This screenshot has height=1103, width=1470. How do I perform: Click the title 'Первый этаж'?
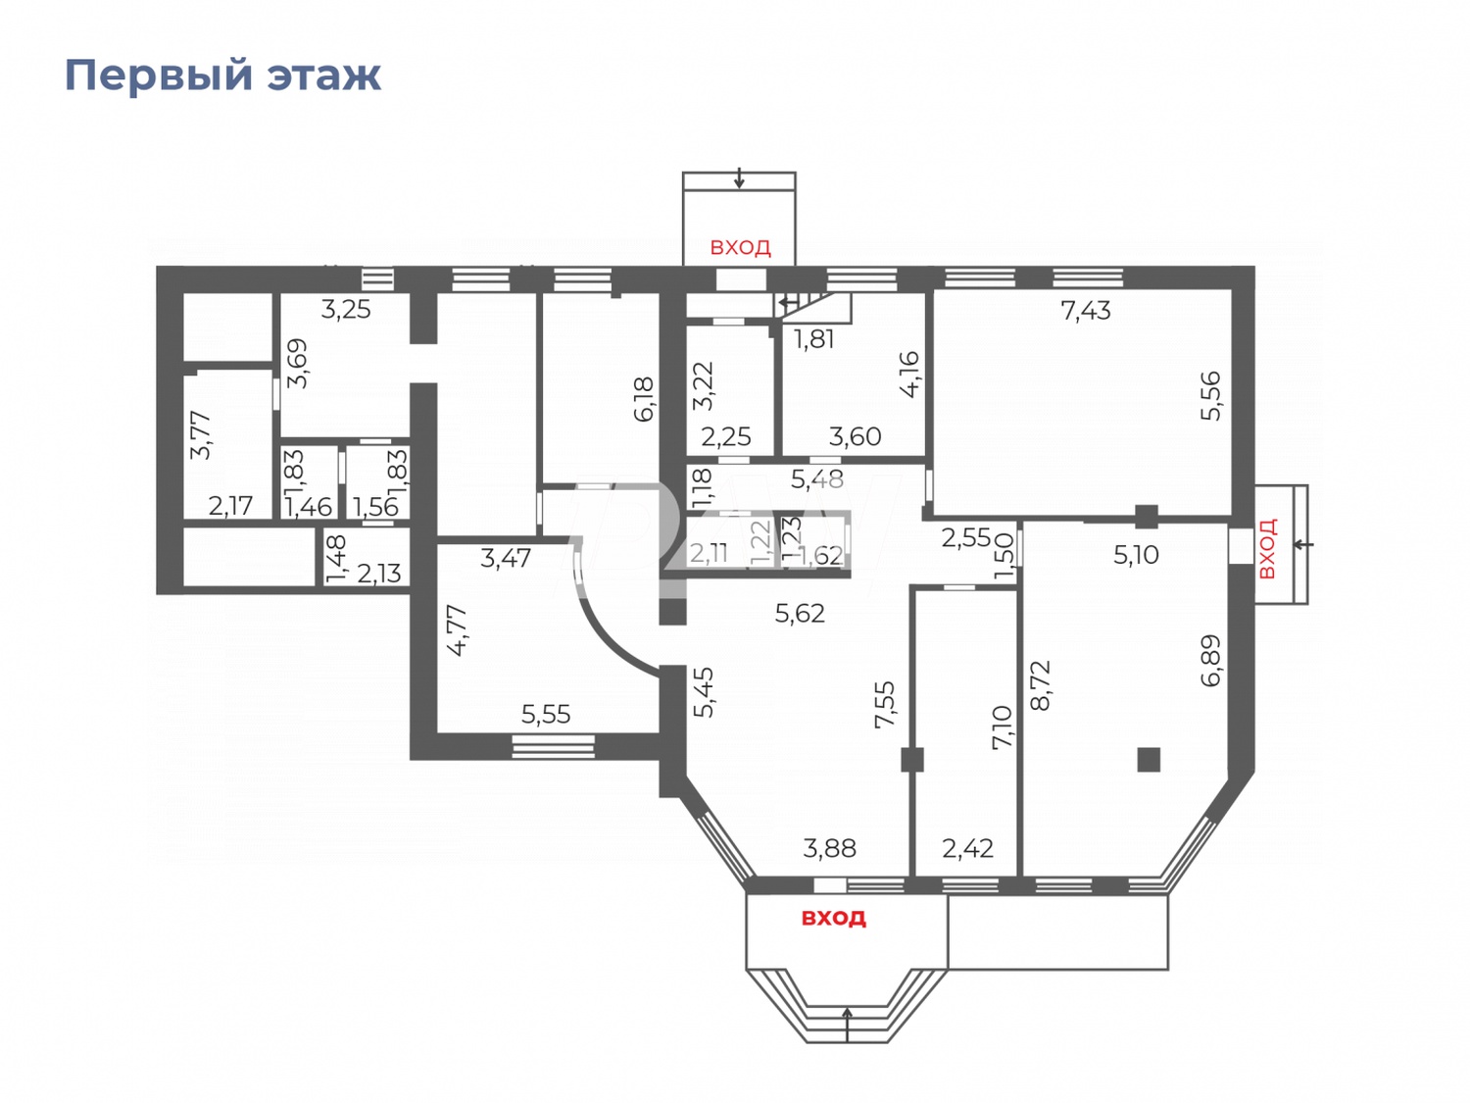click(x=222, y=75)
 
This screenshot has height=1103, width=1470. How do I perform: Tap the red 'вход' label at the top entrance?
click(x=740, y=247)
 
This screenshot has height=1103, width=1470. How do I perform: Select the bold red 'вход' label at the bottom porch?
click(x=833, y=918)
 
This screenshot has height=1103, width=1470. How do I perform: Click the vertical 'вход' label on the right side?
click(x=1266, y=549)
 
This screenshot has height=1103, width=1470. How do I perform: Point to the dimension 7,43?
click(x=1085, y=311)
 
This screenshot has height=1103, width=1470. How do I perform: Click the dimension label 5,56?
click(x=1211, y=395)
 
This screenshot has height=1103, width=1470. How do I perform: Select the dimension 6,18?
click(x=644, y=399)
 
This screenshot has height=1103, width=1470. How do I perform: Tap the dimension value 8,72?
click(x=1041, y=684)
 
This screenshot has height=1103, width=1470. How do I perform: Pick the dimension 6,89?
click(x=1211, y=660)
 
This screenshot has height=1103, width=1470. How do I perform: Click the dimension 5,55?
click(x=545, y=715)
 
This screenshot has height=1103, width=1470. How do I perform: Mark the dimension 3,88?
click(x=829, y=848)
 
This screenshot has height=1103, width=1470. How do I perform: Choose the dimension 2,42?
click(x=967, y=848)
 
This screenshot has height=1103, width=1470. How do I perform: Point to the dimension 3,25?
click(x=346, y=310)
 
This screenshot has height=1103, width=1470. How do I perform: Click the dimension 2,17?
click(x=230, y=506)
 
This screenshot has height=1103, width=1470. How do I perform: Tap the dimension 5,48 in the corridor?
click(x=816, y=479)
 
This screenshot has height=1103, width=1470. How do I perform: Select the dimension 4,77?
click(x=457, y=630)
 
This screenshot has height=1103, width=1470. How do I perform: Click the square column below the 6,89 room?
click(x=1149, y=759)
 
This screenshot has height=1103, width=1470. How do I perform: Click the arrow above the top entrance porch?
click(x=739, y=178)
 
